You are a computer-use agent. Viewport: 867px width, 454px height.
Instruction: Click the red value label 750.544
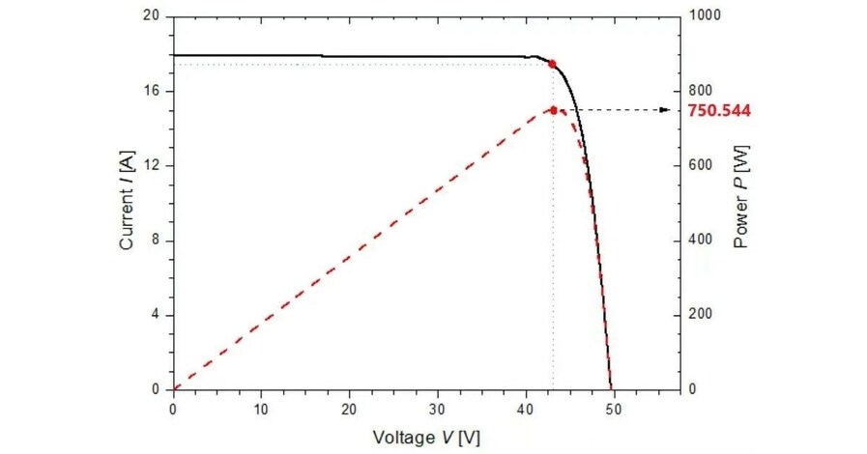pyautogui.click(x=719, y=111)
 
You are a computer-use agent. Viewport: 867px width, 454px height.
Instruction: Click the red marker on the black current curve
pyautogui.click(x=552, y=64)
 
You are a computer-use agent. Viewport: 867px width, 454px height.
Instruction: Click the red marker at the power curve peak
pyautogui.click(x=554, y=110)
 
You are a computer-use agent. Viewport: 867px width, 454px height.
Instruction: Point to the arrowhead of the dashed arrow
pyautogui.click(x=665, y=110)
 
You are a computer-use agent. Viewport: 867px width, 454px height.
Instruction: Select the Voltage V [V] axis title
pyautogui.click(x=426, y=437)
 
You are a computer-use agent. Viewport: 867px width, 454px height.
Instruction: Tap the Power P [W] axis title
pyautogui.click(x=741, y=203)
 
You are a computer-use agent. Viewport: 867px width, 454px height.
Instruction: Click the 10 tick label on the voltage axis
pyautogui.click(x=261, y=408)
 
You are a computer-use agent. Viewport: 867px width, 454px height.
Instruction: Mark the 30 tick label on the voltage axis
pyautogui.click(x=438, y=408)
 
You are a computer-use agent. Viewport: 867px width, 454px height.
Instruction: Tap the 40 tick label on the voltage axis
pyautogui.click(x=526, y=408)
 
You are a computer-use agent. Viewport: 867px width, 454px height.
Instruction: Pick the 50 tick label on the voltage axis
pyautogui.click(x=614, y=408)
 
